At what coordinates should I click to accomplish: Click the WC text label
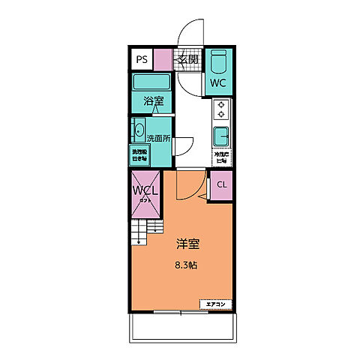click(218, 82)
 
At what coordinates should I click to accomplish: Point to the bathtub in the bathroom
click(153, 82)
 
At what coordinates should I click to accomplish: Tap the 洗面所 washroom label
click(158, 138)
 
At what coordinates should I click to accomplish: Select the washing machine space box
click(140, 155)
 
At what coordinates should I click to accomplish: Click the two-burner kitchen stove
click(222, 110)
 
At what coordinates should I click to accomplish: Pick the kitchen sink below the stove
click(222, 138)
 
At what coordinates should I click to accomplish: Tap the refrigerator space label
click(222, 157)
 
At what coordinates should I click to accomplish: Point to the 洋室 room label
click(187, 244)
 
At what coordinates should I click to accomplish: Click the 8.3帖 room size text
click(187, 264)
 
